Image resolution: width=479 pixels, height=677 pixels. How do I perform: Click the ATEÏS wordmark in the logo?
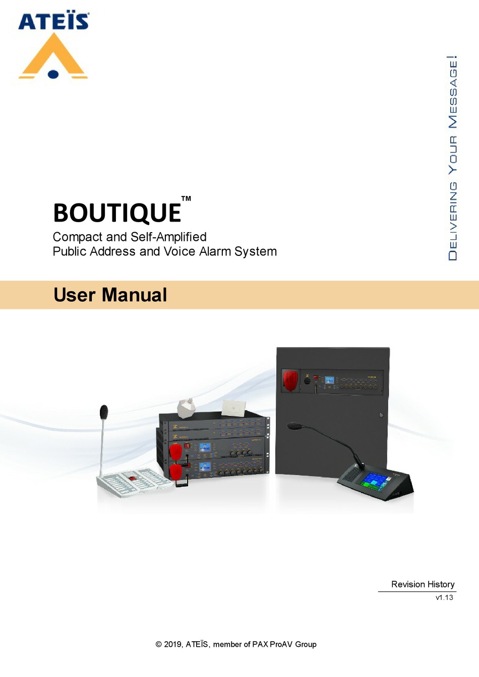click(53, 22)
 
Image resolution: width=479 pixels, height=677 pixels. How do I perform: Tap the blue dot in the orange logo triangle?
click(53, 74)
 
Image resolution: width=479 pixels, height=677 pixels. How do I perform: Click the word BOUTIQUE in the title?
click(117, 213)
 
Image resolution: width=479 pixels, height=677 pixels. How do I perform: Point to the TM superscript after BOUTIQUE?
click(186, 198)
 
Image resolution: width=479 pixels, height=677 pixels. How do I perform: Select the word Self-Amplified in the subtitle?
click(168, 237)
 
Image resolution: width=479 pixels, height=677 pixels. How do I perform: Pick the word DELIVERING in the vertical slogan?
click(453, 221)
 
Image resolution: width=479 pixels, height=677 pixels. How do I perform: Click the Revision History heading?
click(423, 584)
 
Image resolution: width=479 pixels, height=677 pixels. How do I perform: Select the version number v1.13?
click(444, 597)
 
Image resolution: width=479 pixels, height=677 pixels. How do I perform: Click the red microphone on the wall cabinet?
click(290, 380)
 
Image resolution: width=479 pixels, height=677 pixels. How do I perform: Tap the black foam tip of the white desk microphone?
click(104, 412)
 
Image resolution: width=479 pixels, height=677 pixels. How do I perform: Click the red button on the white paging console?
click(133, 478)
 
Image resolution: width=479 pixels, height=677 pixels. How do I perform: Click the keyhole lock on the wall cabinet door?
click(381, 415)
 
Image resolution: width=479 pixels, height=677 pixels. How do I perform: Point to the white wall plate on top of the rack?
click(233, 408)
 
